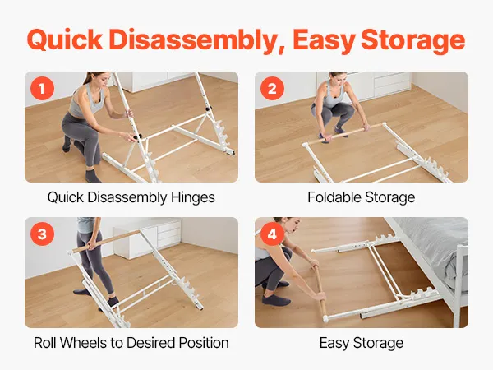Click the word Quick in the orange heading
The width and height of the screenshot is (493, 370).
tap(65, 40)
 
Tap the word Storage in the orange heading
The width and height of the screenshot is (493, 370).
tap(412, 40)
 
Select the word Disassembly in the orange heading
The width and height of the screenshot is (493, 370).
tap(197, 39)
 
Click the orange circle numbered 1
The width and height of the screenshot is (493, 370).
tap(42, 89)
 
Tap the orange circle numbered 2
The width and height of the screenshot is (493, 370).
tap(272, 89)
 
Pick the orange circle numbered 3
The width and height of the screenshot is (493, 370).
tap(42, 234)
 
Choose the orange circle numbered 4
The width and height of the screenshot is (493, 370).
tap(272, 234)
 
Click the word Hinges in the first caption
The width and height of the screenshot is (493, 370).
tap(193, 197)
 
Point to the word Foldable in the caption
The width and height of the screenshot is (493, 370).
tap(334, 197)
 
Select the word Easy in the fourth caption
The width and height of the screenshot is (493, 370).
tap(334, 343)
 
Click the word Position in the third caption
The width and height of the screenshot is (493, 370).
tap(204, 343)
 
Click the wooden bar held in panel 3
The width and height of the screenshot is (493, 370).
tap(106, 241)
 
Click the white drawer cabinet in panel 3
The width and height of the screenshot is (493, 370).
tap(147, 238)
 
